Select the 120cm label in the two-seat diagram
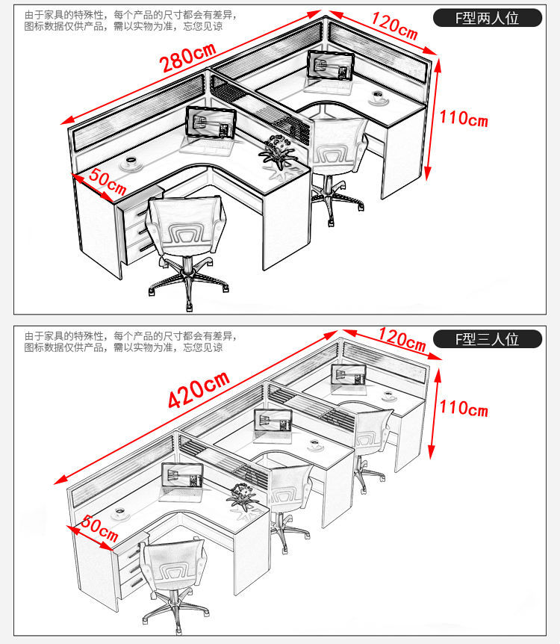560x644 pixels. (394, 27)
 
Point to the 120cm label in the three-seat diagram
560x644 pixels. (402, 340)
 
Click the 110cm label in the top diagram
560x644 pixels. (463, 118)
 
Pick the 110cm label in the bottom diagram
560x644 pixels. (463, 408)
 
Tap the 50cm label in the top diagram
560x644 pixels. (106, 180)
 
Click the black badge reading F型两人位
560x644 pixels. (488, 18)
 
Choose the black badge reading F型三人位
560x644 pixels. (488, 339)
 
